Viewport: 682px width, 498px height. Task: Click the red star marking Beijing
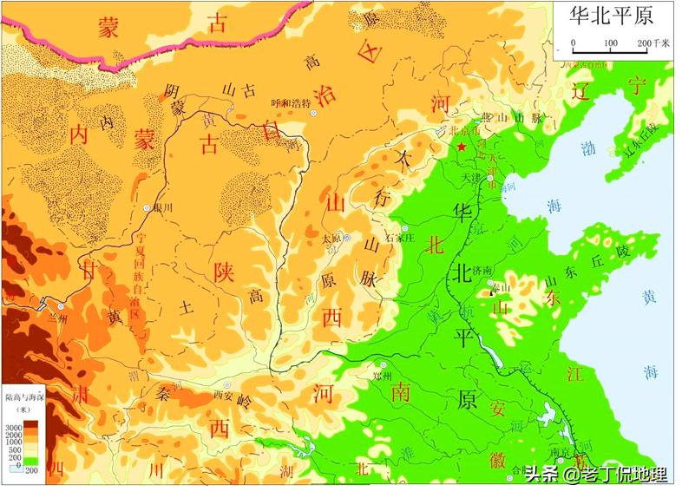(462, 147)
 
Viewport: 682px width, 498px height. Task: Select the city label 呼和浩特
(290, 102)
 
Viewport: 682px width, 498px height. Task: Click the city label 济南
(480, 272)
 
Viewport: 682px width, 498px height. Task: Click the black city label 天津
(470, 177)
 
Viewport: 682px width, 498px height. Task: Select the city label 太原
(331, 237)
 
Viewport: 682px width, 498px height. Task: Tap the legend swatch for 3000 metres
(29, 423)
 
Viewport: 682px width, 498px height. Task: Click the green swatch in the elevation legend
(30, 459)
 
